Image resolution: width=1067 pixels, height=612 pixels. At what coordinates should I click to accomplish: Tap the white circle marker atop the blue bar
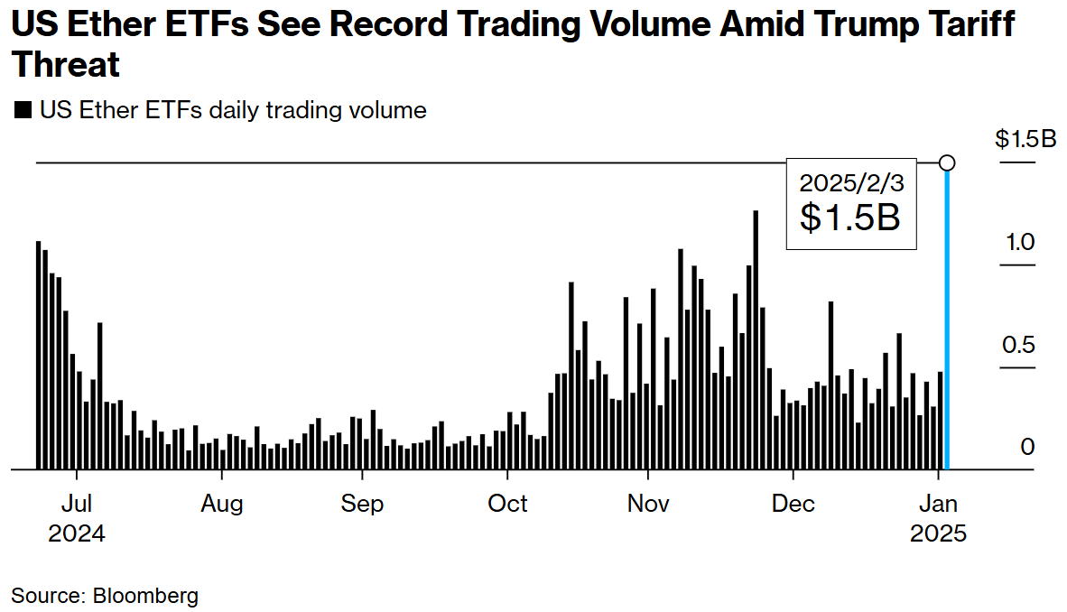coord(947,162)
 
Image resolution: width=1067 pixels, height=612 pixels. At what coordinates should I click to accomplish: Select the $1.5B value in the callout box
coord(850,218)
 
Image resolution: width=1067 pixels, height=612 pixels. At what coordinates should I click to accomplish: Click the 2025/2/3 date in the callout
coord(850,182)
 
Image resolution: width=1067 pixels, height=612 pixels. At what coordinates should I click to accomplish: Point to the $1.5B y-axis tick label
coord(1025,139)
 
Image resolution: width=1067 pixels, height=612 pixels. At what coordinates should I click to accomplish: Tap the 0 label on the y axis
coord(1027,448)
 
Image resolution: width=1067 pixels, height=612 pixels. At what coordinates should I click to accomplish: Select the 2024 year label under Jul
coord(77,533)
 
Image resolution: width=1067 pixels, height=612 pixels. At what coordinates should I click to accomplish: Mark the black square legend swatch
coord(23,111)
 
